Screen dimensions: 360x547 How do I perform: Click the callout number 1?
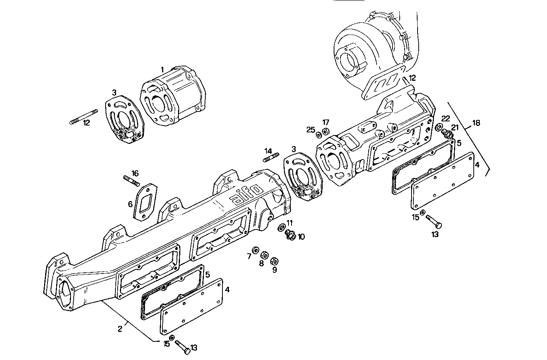162,70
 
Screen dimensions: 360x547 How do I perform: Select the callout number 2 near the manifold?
120,329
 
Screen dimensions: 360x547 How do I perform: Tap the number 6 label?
130,204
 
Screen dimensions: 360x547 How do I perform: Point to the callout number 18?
476,123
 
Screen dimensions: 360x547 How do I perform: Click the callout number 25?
311,130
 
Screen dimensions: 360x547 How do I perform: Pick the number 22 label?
445,118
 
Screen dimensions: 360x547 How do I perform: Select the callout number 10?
301,237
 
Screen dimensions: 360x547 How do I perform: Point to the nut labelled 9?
273,261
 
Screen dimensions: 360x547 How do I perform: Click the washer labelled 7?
256,250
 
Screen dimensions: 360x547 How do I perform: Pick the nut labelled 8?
265,255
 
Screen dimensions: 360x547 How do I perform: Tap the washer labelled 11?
282,227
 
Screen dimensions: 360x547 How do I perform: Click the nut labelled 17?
325,132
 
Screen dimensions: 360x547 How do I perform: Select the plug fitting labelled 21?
447,134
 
